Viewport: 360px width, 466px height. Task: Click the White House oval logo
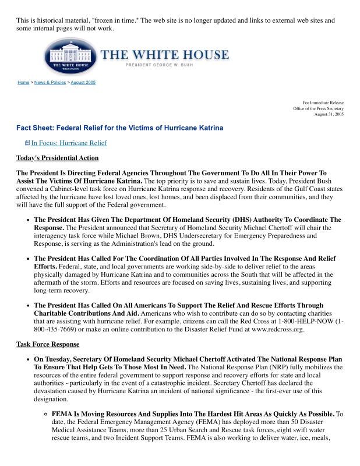pos(68,57)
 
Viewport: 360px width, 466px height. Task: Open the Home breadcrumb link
pos(23,83)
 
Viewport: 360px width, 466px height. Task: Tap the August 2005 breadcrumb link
pos(83,83)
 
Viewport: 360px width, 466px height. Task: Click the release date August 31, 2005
pos(329,114)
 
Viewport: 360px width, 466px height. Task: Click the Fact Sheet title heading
pos(119,128)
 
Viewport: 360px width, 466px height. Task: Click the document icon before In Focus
pos(27,143)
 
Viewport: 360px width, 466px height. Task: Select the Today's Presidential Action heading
pos(57,158)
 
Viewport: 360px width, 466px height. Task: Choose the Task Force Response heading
pos(48,344)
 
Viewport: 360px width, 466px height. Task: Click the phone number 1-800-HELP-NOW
pos(307,321)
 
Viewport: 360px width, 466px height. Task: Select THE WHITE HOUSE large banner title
pos(165,55)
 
